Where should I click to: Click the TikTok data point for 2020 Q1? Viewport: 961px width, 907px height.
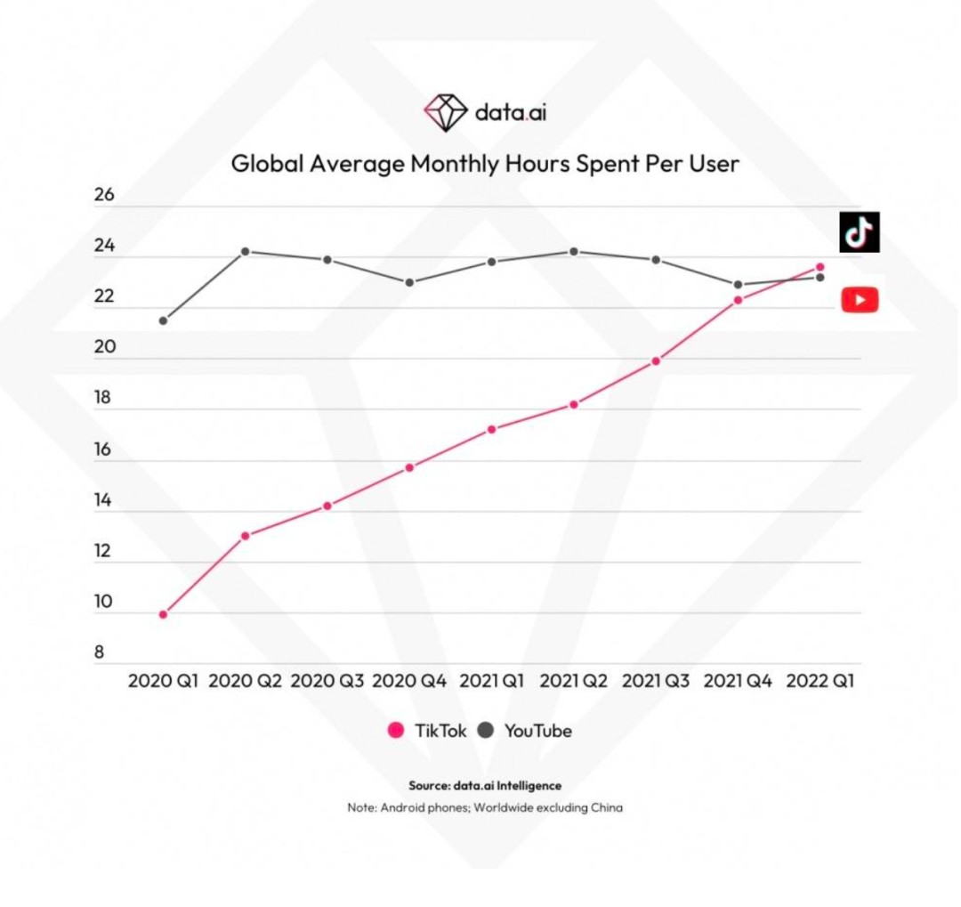[x=163, y=614]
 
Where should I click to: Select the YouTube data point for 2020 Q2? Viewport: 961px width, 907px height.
[x=245, y=251]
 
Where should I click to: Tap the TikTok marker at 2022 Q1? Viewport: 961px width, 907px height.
[x=820, y=267]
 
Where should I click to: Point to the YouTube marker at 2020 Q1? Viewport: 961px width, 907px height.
[x=163, y=320]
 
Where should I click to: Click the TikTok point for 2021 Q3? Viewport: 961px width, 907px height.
[x=656, y=360]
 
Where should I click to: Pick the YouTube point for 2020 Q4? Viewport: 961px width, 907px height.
[x=409, y=282]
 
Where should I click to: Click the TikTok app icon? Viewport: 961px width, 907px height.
[x=860, y=232]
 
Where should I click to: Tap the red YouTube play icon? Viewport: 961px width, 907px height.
[x=860, y=300]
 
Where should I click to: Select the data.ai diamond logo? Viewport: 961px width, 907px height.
[x=445, y=112]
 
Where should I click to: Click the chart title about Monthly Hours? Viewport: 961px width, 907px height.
[x=485, y=164]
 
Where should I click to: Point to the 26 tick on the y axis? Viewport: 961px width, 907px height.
[x=104, y=195]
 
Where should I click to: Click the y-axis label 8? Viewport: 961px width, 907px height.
[x=99, y=652]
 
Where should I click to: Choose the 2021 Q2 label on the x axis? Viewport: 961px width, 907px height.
[x=574, y=681]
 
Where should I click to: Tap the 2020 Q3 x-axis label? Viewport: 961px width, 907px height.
[x=327, y=681]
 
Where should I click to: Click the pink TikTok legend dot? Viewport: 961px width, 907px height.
[x=396, y=731]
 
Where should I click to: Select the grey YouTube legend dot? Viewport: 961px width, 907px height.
[x=486, y=731]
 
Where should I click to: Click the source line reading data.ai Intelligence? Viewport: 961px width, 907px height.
[x=485, y=785]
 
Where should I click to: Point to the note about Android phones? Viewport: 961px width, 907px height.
[x=485, y=807]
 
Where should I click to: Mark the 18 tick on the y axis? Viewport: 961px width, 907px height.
[x=104, y=398]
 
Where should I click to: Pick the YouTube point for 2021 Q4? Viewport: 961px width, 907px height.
[x=738, y=285]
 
